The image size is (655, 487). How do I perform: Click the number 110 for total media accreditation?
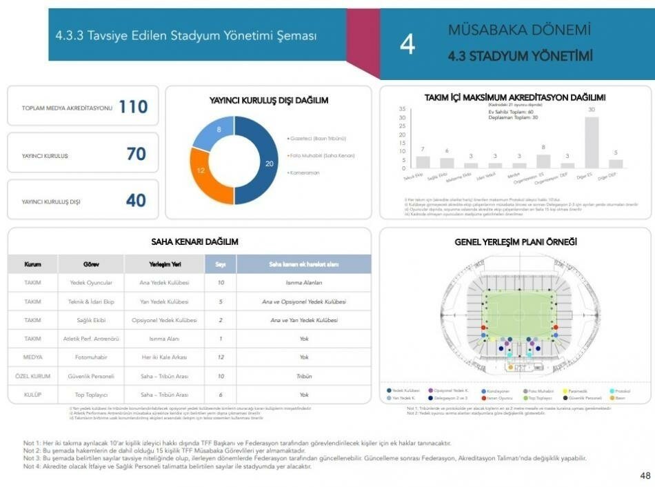pyautogui.click(x=133, y=106)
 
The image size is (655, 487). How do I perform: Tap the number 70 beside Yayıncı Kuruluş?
pyautogui.click(x=136, y=154)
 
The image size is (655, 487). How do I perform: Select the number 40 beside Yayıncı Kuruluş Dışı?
pyautogui.click(x=136, y=200)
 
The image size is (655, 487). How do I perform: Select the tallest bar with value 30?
pyautogui.click(x=592, y=142)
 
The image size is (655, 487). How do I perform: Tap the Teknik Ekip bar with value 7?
pyautogui.click(x=423, y=162)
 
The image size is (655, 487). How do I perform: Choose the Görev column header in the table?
pyautogui.click(x=91, y=264)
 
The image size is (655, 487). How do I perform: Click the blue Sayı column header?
pyautogui.click(x=221, y=264)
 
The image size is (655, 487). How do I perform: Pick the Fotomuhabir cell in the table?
pyautogui.click(x=91, y=357)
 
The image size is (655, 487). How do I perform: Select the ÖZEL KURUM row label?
pyautogui.click(x=32, y=376)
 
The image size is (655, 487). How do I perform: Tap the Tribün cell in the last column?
pyautogui.click(x=304, y=376)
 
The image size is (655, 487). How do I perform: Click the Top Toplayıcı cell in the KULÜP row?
pyautogui.click(x=91, y=395)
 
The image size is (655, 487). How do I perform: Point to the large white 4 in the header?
pyautogui.click(x=407, y=45)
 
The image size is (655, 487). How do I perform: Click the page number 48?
pyautogui.click(x=645, y=476)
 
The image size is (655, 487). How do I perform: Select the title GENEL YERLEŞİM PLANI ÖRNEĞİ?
pyautogui.click(x=515, y=242)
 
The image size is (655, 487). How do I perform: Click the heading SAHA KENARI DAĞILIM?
pyautogui.click(x=194, y=242)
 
